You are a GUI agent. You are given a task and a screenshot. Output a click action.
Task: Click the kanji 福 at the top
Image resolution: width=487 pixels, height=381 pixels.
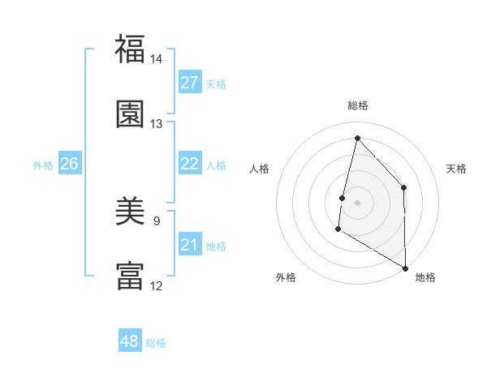coord(130,50)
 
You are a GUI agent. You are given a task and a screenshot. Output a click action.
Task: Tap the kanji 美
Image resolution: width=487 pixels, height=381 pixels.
coord(130,212)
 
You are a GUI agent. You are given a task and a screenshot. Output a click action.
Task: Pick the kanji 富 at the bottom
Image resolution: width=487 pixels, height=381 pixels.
coord(130,276)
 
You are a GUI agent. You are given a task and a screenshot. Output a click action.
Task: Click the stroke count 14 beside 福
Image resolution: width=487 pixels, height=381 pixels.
coord(157,60)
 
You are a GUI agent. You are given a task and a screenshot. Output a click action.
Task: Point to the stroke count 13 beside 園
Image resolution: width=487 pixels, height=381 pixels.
coord(157,124)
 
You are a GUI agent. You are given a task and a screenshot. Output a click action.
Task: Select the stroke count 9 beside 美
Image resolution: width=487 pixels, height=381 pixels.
coord(157,220)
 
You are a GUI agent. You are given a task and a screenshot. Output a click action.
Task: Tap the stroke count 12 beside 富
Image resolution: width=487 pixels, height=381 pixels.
coord(157,285)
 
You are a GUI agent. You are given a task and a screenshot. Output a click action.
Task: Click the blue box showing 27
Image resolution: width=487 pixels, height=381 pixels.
coord(190,83)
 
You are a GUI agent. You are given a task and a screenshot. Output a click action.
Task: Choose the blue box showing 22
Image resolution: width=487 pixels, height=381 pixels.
coord(190,164)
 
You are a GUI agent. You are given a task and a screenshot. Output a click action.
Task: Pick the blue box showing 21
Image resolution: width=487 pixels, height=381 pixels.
coord(190,245)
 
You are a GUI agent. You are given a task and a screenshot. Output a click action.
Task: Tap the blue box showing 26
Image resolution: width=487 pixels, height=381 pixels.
coord(69,164)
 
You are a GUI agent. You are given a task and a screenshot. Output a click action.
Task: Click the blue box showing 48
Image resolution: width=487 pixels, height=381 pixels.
coord(130,341)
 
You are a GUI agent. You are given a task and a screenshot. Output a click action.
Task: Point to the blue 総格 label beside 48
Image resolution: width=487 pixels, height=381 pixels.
coord(157,343)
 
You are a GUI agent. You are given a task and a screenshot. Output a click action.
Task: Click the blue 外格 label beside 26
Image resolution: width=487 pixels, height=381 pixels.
coord(43,165)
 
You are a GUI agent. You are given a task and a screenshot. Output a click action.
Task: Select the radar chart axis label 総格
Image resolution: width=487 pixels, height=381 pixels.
coord(357,105)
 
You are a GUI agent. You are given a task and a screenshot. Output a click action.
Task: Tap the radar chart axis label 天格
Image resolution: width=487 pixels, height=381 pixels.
coord(457,169)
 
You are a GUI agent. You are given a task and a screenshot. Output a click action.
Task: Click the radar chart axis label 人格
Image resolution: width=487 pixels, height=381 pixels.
coord(259,169)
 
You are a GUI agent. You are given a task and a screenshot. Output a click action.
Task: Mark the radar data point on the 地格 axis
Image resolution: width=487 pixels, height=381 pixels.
coord(404,268)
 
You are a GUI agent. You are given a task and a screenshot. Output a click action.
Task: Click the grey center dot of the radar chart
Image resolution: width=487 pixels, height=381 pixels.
coord(357,203)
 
